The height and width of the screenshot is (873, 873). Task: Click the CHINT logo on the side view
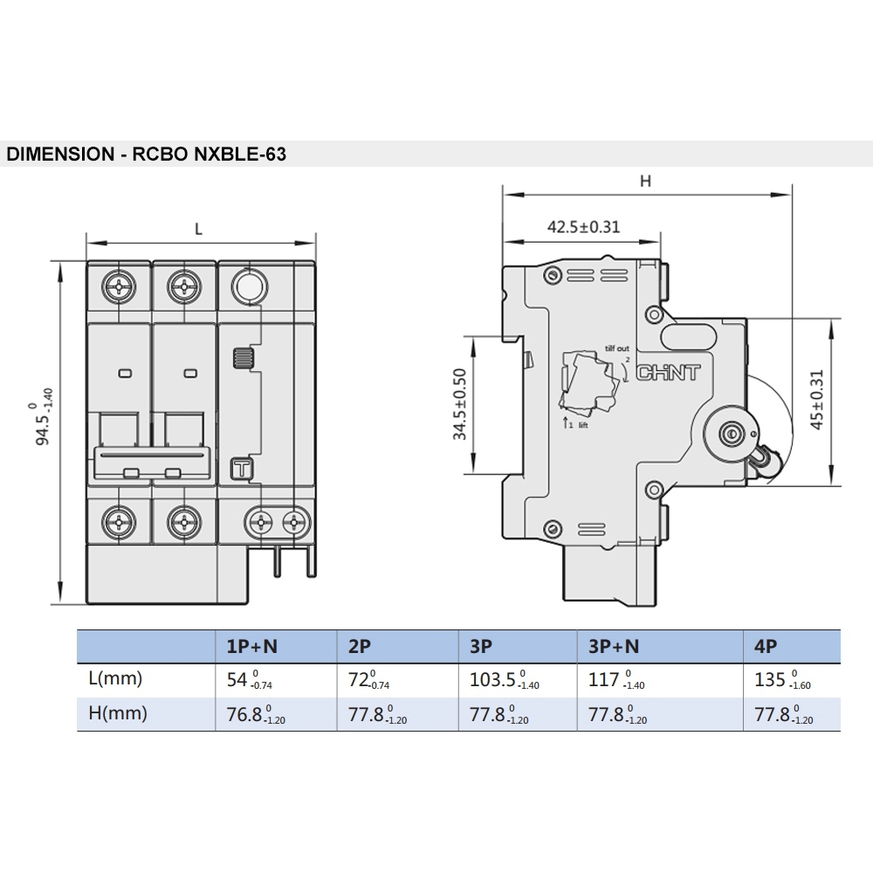(668, 373)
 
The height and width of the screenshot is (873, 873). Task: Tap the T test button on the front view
(242, 469)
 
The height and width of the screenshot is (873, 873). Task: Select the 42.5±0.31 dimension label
(583, 227)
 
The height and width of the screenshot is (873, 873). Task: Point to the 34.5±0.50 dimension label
(459, 404)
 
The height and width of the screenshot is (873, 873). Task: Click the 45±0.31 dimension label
(816, 400)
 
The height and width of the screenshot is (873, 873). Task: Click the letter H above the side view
(645, 181)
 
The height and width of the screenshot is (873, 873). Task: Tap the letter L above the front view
(198, 229)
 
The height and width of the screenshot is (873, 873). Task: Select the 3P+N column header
(614, 646)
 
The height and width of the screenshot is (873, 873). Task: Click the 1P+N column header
(251, 646)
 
